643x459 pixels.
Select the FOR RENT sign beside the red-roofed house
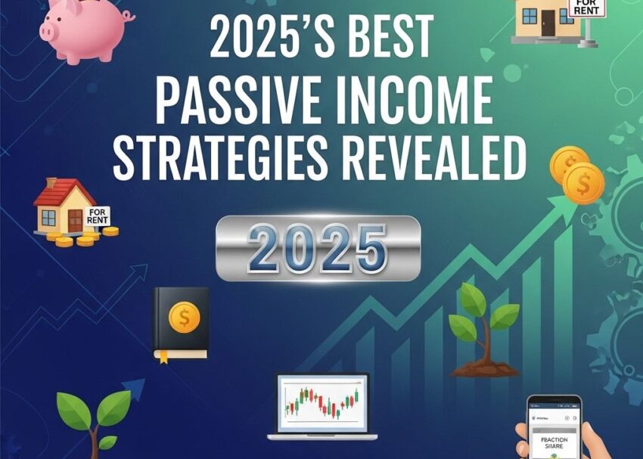98,216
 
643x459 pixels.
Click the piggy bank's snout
48,30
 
